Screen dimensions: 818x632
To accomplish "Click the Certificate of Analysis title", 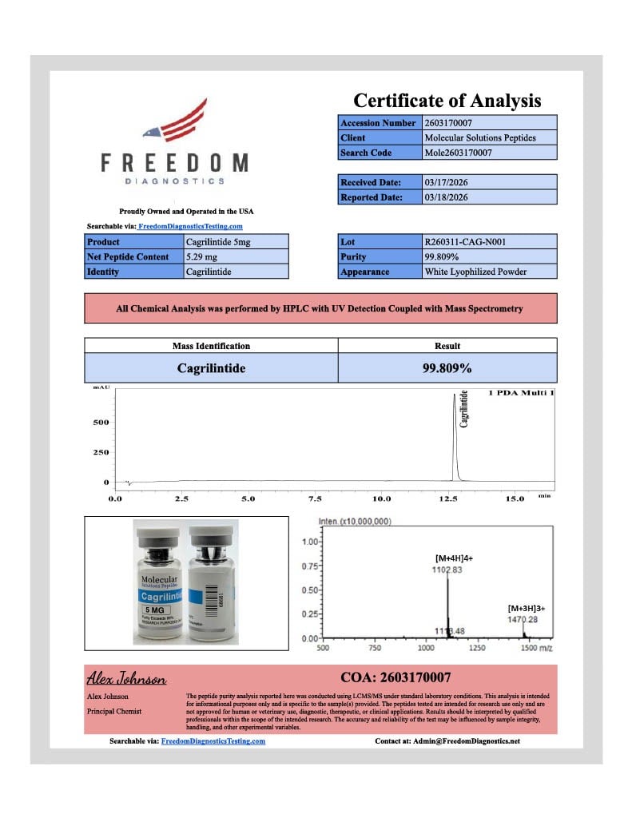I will point(447,101).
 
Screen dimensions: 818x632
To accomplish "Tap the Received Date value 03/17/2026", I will point(446,182).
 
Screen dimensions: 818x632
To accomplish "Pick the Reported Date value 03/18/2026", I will point(446,197).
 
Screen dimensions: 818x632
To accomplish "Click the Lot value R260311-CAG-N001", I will point(466,241).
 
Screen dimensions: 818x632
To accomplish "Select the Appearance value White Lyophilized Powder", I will point(475,272).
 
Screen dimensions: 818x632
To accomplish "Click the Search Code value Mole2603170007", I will point(458,153).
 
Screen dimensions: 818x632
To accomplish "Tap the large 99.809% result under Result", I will point(447,368).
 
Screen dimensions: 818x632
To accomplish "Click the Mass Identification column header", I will point(211,346).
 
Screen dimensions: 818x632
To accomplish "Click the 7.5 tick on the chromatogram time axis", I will point(315,498).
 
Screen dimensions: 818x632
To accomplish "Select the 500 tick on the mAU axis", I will point(102,423).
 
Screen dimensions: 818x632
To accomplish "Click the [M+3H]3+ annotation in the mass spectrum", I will point(525,608).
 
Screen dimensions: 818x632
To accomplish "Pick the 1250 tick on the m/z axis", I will point(477,649).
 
